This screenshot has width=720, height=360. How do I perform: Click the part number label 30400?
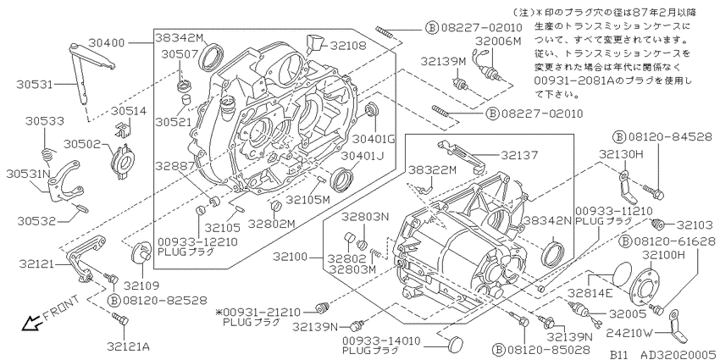(106, 43)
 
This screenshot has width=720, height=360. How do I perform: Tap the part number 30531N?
(29, 174)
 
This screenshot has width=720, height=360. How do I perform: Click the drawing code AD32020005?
(679, 355)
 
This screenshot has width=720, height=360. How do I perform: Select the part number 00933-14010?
(381, 341)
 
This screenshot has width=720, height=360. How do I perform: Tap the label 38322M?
(432, 170)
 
